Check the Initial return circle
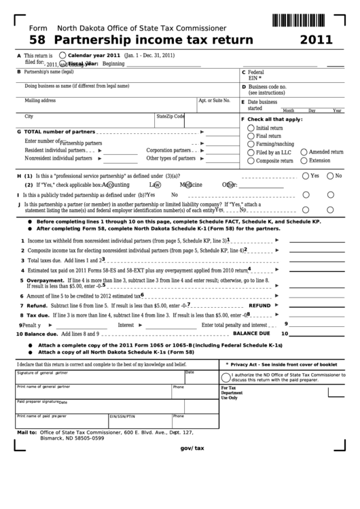click(x=251, y=127)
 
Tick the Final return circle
click(x=251, y=135)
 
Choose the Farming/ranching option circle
click(x=251, y=143)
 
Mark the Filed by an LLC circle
click(x=251, y=152)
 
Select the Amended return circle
click(x=304, y=152)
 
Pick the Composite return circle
click(x=251, y=160)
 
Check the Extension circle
click(x=304, y=160)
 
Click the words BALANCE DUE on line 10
click(x=251, y=334)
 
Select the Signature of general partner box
click(x=99, y=376)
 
